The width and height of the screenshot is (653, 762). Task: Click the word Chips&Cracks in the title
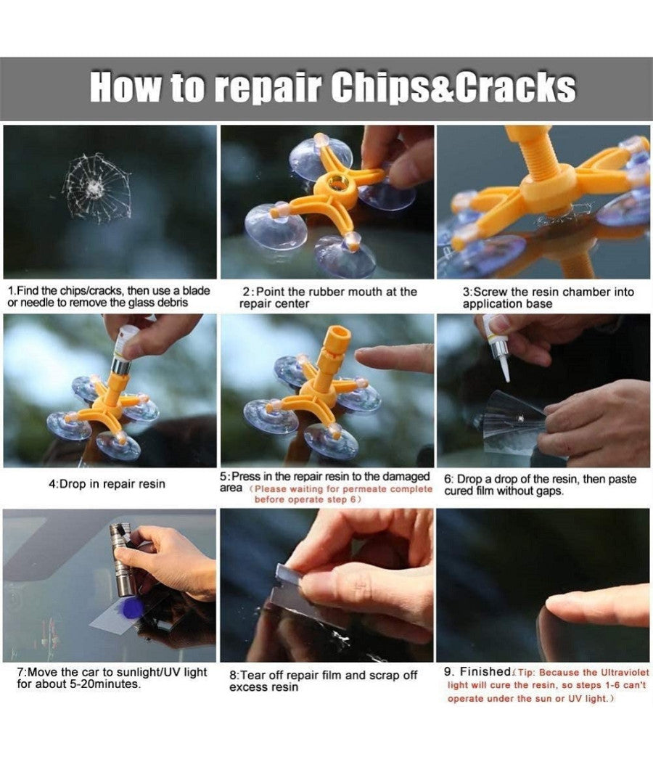(x=453, y=88)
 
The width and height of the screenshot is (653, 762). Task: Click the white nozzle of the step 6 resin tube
(x=504, y=369)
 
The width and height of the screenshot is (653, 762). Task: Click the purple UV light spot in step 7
(x=131, y=608)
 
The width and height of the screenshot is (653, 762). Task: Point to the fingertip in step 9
(x=559, y=605)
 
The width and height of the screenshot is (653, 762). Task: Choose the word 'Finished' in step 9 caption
(x=485, y=671)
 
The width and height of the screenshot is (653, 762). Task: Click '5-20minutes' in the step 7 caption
(x=105, y=684)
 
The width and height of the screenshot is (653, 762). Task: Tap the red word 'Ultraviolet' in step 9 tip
(x=625, y=673)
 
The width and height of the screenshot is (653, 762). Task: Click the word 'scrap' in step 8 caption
(x=385, y=676)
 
